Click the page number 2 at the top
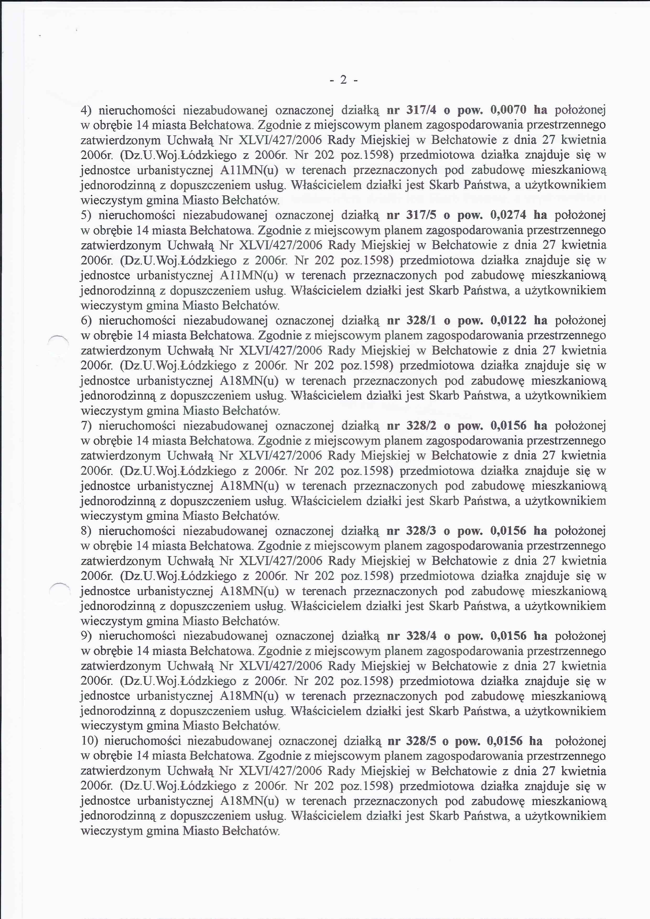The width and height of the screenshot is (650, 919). click(x=343, y=80)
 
